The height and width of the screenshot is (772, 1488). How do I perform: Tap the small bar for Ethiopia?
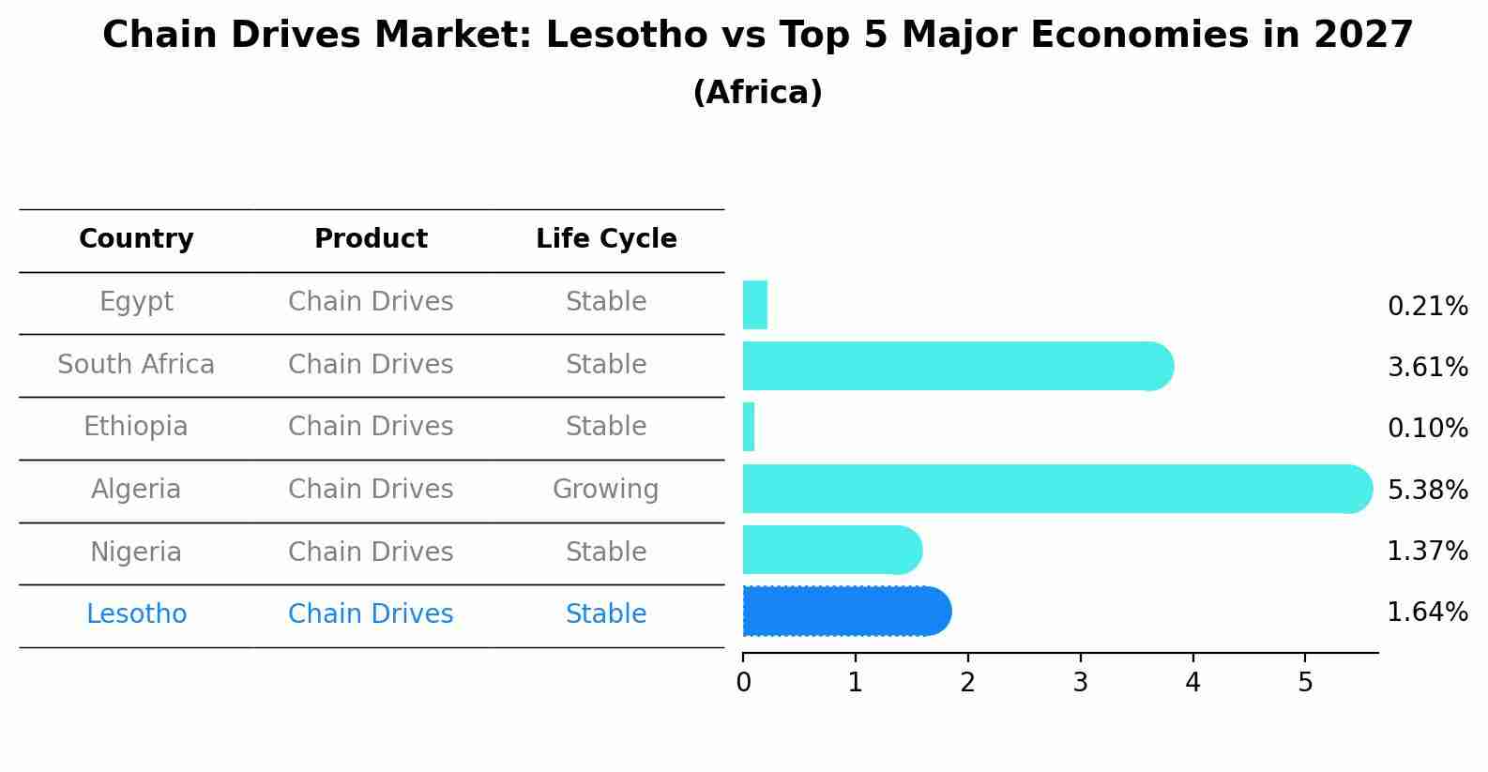(x=749, y=428)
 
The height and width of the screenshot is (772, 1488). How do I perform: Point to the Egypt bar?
(x=755, y=305)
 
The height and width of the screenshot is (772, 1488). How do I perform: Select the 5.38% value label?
(x=1427, y=490)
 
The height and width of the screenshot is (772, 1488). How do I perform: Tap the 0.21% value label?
(x=1427, y=307)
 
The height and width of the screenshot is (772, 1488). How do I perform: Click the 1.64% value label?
(x=1427, y=613)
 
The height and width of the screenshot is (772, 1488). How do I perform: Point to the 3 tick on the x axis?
(x=1080, y=683)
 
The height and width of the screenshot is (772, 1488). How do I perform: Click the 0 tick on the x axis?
(x=743, y=683)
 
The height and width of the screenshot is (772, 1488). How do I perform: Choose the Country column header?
(x=136, y=239)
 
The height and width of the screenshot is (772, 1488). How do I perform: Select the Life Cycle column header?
(x=606, y=239)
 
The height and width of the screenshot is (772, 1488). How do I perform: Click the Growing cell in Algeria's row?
(x=605, y=490)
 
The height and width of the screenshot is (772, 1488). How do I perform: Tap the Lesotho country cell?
(x=136, y=614)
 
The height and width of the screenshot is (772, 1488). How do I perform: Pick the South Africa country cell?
(x=136, y=365)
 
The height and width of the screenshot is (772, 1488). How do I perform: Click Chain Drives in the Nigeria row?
(x=371, y=553)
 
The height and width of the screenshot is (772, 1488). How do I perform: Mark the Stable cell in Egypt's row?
(x=605, y=302)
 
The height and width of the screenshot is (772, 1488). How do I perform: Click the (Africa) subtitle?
(x=757, y=93)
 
